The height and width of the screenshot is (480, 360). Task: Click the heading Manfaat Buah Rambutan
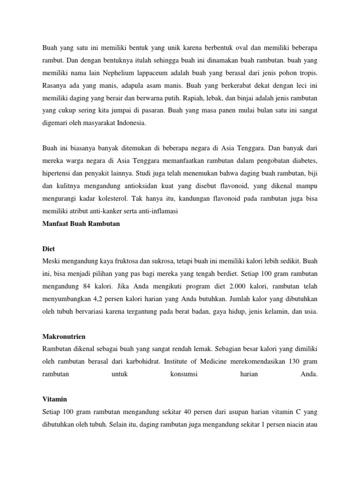coord(81,224)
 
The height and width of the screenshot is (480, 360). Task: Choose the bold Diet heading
coord(49,249)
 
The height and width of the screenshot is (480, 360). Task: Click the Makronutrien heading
coord(64,337)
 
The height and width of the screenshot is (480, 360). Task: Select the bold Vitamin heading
coord(54,399)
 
